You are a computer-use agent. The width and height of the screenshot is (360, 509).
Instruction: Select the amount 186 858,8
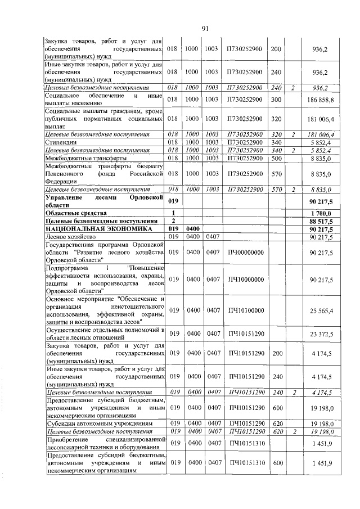pos(320,99)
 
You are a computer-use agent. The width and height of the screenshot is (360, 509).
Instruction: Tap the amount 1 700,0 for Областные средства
pos(321,213)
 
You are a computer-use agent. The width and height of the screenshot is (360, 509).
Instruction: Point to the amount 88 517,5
pos(321,221)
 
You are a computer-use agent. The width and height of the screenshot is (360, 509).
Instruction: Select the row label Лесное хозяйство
pos(68,238)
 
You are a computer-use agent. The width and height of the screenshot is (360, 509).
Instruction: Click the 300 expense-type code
pos(276,99)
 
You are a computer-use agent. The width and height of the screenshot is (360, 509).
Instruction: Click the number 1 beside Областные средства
pos(173,213)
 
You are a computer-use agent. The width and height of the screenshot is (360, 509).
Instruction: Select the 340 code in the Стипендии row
pos(276,143)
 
